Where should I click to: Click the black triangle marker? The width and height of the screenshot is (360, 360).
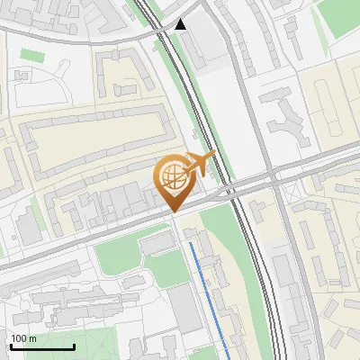(181, 24)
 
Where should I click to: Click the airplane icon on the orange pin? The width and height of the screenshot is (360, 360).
(200, 164)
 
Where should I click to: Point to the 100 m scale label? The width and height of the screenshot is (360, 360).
(23, 338)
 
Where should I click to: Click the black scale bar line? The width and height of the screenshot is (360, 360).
(42, 346)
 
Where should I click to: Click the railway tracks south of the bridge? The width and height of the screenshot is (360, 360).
(261, 270)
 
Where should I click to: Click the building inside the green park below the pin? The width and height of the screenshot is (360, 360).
(157, 243)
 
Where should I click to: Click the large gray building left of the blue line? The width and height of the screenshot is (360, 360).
(184, 306)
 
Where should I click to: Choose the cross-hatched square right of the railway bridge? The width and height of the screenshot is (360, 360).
(289, 191)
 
